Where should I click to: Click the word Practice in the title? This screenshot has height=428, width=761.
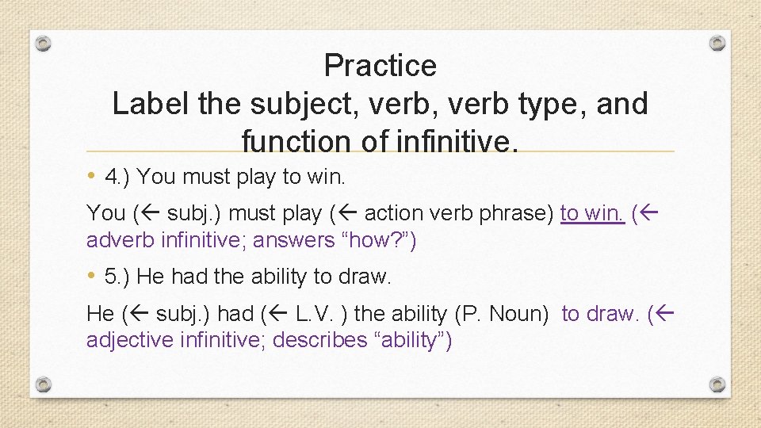380,66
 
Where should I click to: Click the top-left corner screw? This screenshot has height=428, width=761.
44,43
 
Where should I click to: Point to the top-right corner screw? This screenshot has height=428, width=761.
717,43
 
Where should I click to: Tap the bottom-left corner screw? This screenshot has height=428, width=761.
44,384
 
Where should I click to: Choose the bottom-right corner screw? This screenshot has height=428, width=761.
717,384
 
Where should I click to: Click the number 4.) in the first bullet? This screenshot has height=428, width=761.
118,177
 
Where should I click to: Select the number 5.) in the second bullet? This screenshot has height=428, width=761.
118,277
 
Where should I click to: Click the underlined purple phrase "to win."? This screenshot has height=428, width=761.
592,213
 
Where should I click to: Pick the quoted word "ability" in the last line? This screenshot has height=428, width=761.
408,342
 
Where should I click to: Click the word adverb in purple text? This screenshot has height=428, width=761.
120,240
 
